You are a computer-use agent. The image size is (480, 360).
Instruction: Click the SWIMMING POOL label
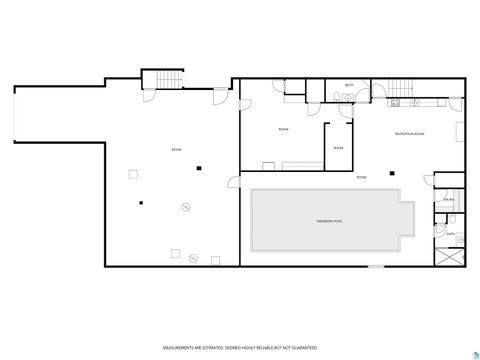point(330,220)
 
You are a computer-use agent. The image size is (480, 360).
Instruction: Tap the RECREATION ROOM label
point(409,132)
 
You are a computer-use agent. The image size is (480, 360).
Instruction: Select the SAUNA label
point(448,199)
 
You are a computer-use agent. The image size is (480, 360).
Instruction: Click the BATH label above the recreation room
point(349,85)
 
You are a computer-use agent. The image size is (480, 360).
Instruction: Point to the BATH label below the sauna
point(451,233)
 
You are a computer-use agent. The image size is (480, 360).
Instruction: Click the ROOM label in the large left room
point(176,150)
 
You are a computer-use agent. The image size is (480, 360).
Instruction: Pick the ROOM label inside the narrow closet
point(338,148)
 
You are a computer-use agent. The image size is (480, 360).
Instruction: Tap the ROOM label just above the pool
point(361,177)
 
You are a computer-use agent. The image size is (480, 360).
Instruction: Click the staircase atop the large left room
point(162,79)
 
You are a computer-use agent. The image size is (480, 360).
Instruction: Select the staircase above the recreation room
point(401,89)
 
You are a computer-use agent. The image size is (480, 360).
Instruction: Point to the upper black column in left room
point(200,166)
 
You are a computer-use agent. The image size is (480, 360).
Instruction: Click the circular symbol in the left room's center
point(185,207)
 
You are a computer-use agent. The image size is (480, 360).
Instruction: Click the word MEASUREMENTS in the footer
point(180,346)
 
